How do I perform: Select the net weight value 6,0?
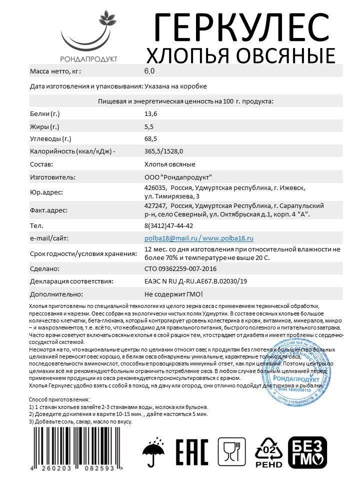(x=149, y=71)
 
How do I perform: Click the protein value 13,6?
(x=150, y=114)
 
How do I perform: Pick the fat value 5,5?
(x=148, y=126)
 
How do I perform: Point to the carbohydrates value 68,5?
(x=150, y=139)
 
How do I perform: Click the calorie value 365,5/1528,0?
(x=163, y=151)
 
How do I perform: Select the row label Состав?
(x=41, y=164)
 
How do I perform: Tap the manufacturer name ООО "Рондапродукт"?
(x=178, y=177)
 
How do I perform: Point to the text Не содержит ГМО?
(x=173, y=294)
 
